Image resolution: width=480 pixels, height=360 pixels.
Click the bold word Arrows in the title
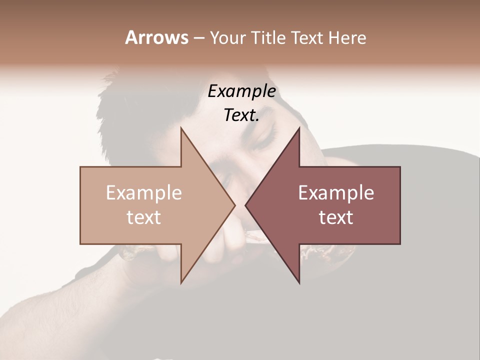pyautogui.click(x=156, y=37)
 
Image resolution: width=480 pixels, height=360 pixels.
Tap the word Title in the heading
pyautogui.click(x=269, y=37)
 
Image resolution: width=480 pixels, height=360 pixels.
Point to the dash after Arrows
pyautogui.click(x=198, y=38)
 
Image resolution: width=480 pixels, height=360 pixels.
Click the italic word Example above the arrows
pyautogui.click(x=241, y=91)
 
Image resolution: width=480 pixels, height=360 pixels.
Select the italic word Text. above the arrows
pyautogui.click(x=241, y=115)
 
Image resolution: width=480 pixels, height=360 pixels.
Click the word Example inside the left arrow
pyautogui.click(x=144, y=192)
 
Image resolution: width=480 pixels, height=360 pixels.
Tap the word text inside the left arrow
pyautogui.click(x=144, y=217)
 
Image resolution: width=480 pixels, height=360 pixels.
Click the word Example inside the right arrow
pyautogui.click(x=336, y=192)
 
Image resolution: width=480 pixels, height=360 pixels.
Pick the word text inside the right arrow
pyautogui.click(x=336, y=217)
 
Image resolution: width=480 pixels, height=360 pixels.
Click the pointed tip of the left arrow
pyautogui.click(x=234, y=205)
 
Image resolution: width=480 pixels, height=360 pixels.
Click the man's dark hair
pyautogui.click(x=130, y=105)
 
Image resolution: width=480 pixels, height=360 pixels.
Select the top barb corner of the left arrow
pyautogui.click(x=181, y=128)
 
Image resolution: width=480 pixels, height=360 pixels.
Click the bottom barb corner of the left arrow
pyautogui.click(x=181, y=282)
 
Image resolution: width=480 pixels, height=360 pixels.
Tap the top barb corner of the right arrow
pyautogui.click(x=299, y=128)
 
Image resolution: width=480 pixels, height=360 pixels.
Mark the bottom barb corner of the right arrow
pyautogui.click(x=299, y=282)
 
